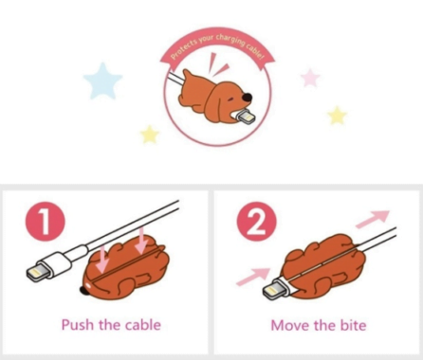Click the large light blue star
point(102,81)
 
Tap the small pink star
point(310,78)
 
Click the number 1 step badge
point(46,222)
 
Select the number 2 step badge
point(257,222)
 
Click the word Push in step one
point(78,325)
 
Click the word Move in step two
point(288,325)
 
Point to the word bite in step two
point(353,325)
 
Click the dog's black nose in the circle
point(248,98)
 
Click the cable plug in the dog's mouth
point(246,117)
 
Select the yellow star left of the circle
point(150,135)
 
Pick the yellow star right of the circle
point(337,116)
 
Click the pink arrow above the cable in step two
point(373,219)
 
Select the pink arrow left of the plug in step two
point(253,277)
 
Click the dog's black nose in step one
point(83,290)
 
